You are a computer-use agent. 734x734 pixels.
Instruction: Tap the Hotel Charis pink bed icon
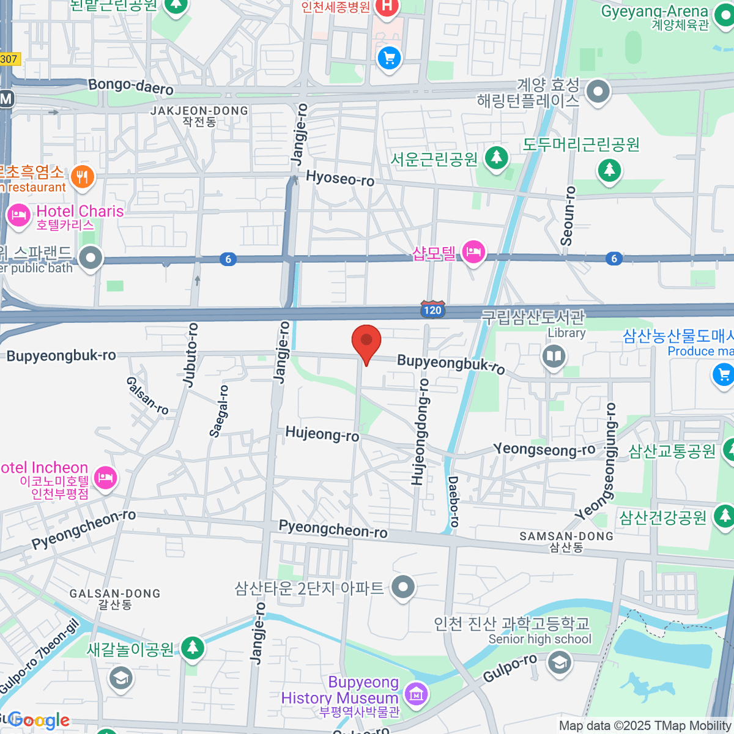pyautogui.click(x=18, y=215)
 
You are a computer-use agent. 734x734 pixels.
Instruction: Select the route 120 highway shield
pyautogui.click(x=432, y=310)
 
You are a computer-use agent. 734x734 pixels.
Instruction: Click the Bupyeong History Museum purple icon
pyautogui.click(x=417, y=694)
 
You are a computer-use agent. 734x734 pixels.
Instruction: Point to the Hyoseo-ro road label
pyautogui.click(x=340, y=178)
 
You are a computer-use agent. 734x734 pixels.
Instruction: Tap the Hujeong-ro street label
pyautogui.click(x=322, y=434)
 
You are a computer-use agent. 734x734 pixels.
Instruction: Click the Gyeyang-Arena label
pyautogui.click(x=654, y=12)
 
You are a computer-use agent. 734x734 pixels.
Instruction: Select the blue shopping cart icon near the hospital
pyautogui.click(x=390, y=59)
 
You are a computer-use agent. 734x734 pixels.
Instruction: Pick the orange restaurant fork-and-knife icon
pyautogui.click(x=82, y=177)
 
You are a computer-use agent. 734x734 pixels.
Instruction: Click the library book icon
pyautogui.click(x=554, y=357)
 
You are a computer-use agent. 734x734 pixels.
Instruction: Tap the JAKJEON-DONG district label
pyautogui.click(x=199, y=111)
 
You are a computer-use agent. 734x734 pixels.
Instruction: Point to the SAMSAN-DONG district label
pyautogui.click(x=566, y=536)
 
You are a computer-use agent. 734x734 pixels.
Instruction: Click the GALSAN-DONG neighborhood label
pyautogui.click(x=115, y=593)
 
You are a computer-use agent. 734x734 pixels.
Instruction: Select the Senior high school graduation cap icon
pyautogui.click(x=560, y=662)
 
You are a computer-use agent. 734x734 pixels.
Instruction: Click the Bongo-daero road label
pyautogui.click(x=131, y=87)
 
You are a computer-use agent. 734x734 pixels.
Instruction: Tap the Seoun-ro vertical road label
pyautogui.click(x=568, y=216)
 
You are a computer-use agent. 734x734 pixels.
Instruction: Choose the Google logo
pyautogui.click(x=39, y=721)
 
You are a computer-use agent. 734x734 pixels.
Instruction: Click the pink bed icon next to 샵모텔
pyautogui.click(x=473, y=251)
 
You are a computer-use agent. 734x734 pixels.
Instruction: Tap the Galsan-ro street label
pyautogui.click(x=147, y=396)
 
